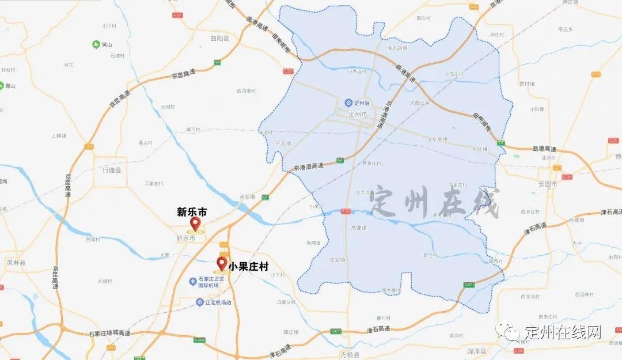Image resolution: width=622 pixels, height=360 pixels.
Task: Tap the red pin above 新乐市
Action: tap(195, 224)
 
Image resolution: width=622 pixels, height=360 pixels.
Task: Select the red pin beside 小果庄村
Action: tap(221, 264)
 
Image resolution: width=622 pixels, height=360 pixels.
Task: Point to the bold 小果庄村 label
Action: tap(248, 267)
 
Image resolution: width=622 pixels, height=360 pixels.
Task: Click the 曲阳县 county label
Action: tap(219, 39)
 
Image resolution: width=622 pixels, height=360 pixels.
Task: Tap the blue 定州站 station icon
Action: tap(348, 103)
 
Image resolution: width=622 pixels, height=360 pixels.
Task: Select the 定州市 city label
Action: tap(358, 114)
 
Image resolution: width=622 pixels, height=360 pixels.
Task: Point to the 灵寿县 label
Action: tap(16, 262)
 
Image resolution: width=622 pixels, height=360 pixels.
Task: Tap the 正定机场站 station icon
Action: tap(199, 302)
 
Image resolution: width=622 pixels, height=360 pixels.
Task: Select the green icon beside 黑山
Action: tap(96, 44)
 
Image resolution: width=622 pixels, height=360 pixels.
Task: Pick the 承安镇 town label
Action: tap(247, 196)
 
